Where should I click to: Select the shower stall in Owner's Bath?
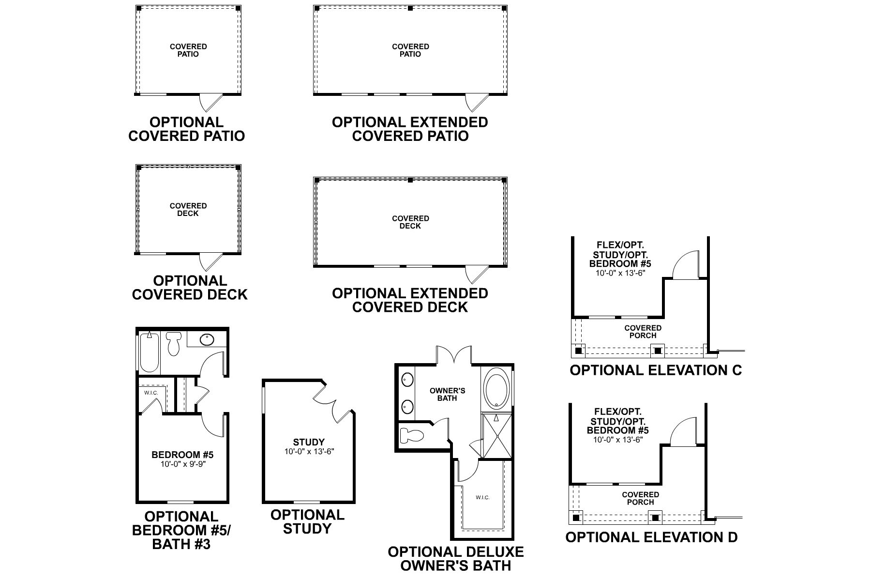[x=496, y=436]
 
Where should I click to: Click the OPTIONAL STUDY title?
[x=307, y=521]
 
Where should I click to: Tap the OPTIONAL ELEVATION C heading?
[x=656, y=370]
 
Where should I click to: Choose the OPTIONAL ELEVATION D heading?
[x=651, y=537]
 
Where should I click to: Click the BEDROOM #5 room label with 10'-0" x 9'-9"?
[x=182, y=459]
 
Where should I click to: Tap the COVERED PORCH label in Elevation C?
[x=643, y=332]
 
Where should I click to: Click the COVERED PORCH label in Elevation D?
[x=640, y=498]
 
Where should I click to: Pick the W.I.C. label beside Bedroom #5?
[x=151, y=393]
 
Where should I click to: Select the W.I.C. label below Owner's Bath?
[x=482, y=497]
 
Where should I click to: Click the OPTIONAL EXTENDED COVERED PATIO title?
[x=410, y=129]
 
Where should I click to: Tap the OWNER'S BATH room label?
[x=447, y=394]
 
